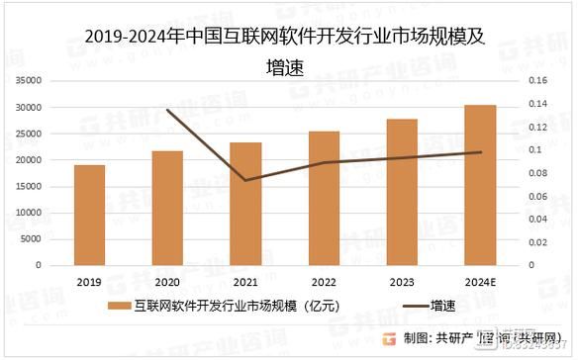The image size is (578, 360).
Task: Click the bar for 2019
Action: pyautogui.click(x=89, y=215)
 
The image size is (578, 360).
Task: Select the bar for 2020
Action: pyautogui.click(x=167, y=208)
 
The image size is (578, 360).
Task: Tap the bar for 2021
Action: pyautogui.click(x=246, y=204)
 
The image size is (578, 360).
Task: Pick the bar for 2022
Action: pyautogui.click(x=324, y=198)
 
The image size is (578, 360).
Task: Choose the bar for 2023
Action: pyautogui.click(x=402, y=192)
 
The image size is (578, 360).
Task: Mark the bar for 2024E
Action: pyautogui.click(x=480, y=185)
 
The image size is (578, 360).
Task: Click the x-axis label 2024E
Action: pyautogui.click(x=480, y=280)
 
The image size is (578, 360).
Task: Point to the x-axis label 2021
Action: pyautogui.click(x=246, y=280)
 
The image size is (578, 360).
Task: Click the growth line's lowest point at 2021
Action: pyautogui.click(x=246, y=180)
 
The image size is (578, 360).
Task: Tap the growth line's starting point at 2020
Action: pyautogui.click(x=167, y=110)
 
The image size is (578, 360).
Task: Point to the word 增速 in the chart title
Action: pyautogui.click(x=289, y=65)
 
